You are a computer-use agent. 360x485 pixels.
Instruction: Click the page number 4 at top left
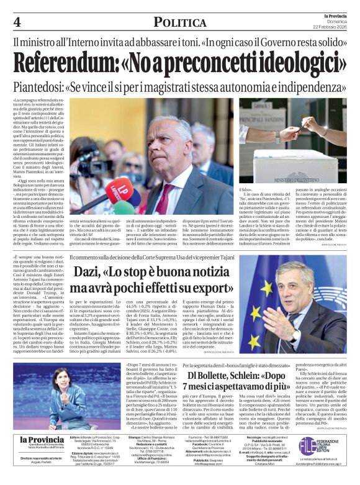(x=17, y=22)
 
